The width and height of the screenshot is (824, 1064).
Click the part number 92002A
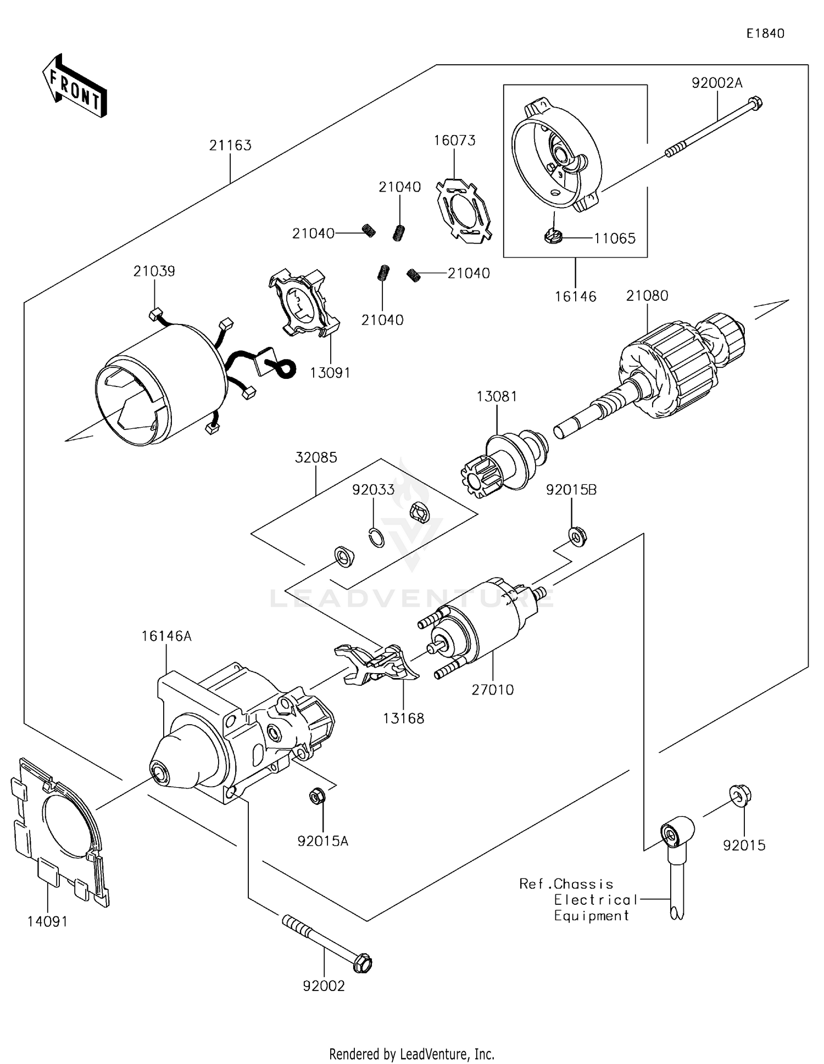[716, 83]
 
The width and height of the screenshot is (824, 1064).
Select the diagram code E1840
[765, 33]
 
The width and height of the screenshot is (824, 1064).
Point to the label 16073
[454, 141]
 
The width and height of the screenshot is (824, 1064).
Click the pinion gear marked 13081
[503, 461]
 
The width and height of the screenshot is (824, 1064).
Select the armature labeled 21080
[681, 368]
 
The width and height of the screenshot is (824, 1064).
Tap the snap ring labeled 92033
[376, 537]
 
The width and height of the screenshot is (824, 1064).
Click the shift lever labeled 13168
[376, 664]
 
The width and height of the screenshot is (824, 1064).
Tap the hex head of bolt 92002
[363, 962]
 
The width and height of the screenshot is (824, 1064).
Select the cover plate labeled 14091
[58, 832]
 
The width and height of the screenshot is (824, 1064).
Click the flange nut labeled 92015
[740, 796]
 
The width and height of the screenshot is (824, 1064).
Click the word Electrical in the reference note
[595, 900]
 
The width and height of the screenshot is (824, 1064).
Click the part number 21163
[230, 145]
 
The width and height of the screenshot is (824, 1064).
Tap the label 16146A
[166, 636]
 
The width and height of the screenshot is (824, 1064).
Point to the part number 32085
[316, 457]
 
